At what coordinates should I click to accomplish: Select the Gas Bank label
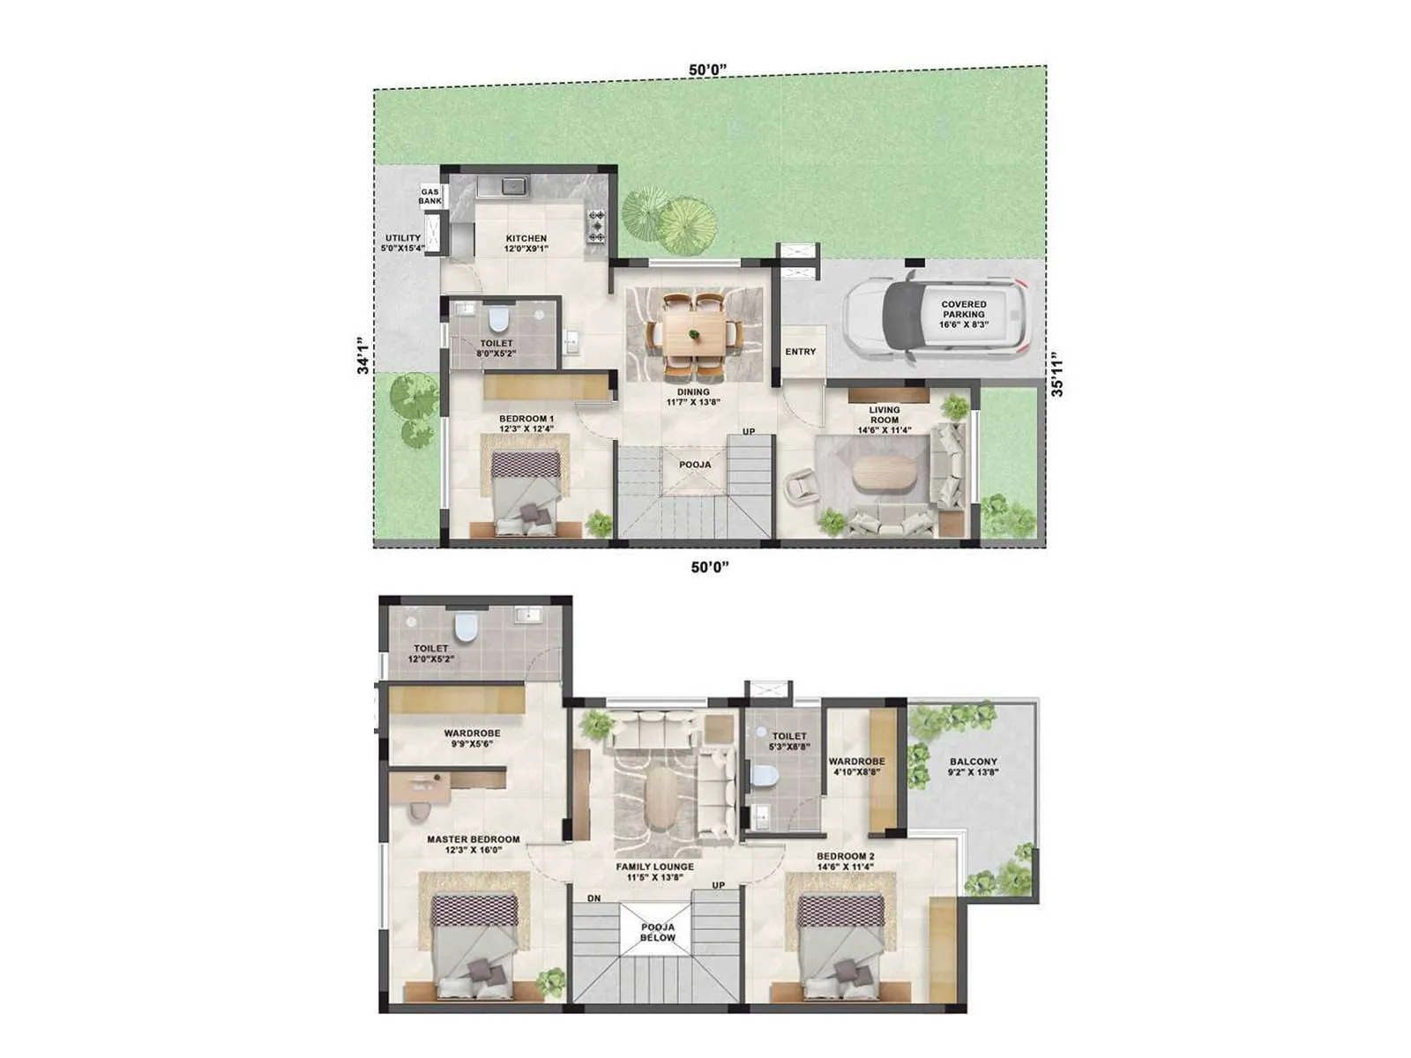429,196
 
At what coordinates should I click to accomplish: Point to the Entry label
801,352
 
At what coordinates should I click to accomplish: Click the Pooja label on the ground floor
695,465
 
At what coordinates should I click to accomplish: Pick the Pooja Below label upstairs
658,933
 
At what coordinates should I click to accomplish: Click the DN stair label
594,898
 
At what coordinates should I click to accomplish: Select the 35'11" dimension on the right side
1056,375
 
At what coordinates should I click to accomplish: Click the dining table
694,334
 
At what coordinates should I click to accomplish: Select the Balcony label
974,767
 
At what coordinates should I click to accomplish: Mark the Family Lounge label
654,872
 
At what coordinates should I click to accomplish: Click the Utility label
403,243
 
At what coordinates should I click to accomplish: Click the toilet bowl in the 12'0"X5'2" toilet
465,629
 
